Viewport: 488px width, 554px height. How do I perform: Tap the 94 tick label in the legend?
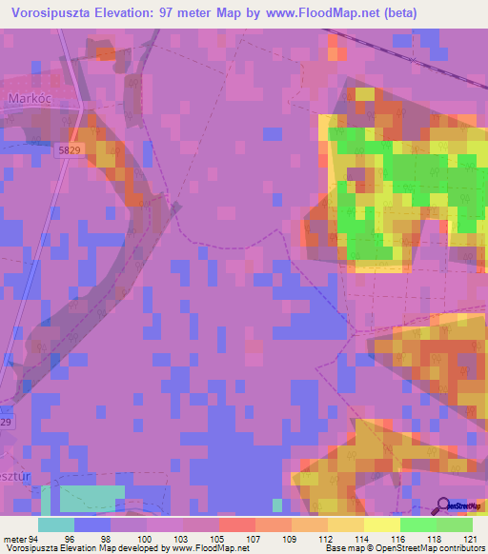(x=36, y=538)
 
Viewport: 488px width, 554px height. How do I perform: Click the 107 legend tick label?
(x=254, y=538)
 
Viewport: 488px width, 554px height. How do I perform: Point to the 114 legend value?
(x=363, y=538)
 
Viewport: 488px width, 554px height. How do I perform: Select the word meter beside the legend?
(x=15, y=538)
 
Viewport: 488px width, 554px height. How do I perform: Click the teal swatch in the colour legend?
(x=56, y=524)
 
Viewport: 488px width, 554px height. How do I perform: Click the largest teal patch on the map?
(x=91, y=498)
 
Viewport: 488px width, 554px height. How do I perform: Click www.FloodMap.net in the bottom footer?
(x=203, y=548)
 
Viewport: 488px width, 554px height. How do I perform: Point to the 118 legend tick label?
(x=436, y=538)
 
